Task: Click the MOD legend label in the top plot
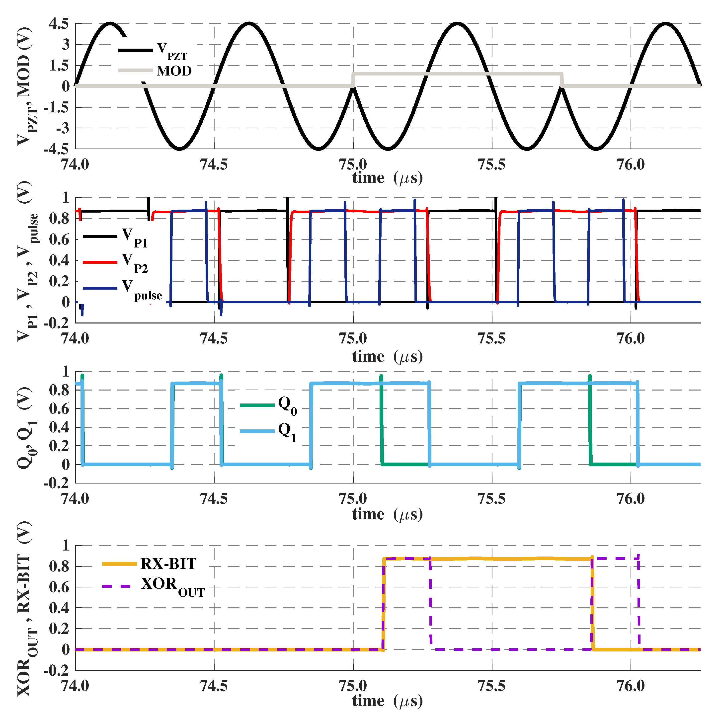174,71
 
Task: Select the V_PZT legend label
172,51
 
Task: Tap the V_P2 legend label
135,263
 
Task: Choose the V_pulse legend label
142,290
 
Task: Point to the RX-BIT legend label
168,564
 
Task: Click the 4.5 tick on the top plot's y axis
59,24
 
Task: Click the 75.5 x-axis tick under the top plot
492,164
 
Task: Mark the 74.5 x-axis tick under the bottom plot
214,686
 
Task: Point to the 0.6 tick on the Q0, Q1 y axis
59,409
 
